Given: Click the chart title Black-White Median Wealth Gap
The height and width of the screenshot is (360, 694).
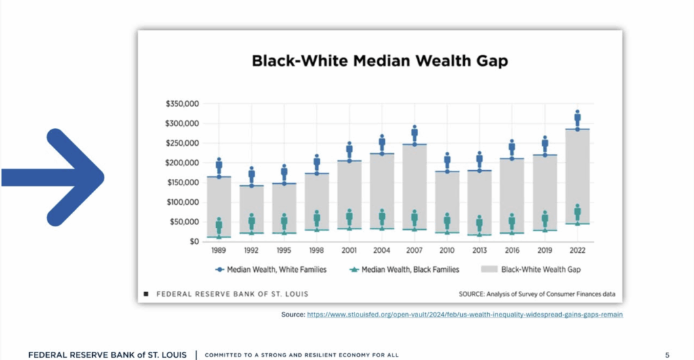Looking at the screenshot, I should click(380, 60).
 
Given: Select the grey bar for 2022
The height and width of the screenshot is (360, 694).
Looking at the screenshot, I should click(577, 176).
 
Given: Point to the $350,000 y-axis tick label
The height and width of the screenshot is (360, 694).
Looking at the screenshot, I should click(182, 104).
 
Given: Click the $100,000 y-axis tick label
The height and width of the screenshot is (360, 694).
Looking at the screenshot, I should click(182, 202).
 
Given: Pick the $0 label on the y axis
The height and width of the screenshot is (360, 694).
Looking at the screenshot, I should click(194, 241).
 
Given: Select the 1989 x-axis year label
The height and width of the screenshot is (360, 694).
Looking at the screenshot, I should click(219, 250).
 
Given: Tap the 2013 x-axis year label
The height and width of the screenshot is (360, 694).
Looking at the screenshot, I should click(479, 250).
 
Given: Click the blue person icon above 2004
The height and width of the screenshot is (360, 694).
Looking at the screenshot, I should click(382, 143).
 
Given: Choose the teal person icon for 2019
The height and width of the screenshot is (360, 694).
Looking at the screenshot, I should click(545, 219).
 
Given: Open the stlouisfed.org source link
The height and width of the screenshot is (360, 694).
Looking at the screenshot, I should click(464, 315).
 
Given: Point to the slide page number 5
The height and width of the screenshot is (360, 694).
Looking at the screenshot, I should click(667, 355).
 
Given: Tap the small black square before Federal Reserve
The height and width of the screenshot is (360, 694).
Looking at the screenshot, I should click(146, 294).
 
